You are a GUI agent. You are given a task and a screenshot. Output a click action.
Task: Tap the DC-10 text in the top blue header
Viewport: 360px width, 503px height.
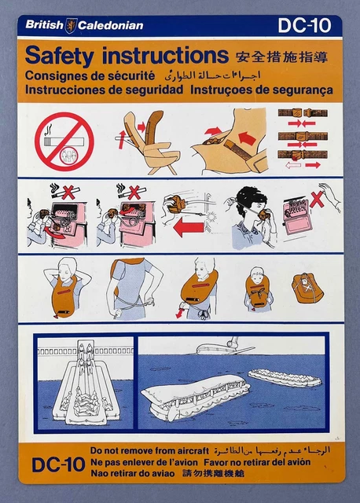(304, 25)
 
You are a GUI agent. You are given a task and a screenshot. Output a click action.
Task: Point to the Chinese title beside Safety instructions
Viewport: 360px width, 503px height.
(280, 57)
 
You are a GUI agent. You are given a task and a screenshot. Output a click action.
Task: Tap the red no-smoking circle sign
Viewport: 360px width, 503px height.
(64, 142)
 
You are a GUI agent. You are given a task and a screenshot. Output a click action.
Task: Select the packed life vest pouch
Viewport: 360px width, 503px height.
(307, 288)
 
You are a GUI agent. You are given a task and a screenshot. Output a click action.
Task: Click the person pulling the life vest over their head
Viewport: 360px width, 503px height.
(69, 287)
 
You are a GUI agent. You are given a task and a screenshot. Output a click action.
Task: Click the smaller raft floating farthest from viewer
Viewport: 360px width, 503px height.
(284, 377)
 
